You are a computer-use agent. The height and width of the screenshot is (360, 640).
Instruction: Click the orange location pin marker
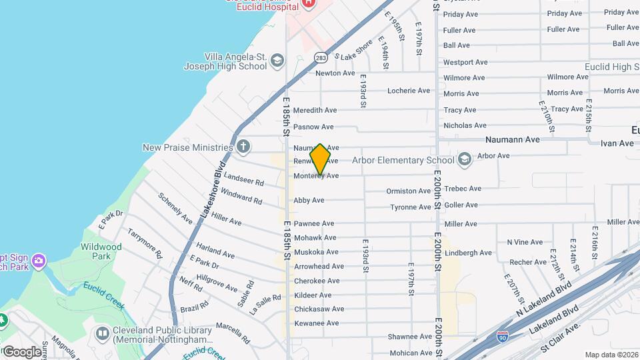coord(321,159)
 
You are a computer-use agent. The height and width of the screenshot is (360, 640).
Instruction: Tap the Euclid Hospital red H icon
coord(308,3)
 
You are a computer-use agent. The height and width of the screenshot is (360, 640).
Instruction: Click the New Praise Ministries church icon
coord(244,147)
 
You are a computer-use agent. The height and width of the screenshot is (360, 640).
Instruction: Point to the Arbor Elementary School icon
coord(465,159)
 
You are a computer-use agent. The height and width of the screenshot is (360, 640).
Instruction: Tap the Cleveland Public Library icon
coord(103,332)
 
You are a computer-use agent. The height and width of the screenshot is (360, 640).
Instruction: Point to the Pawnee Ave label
coord(314,223)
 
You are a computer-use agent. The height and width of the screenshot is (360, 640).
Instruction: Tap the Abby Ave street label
coord(309,200)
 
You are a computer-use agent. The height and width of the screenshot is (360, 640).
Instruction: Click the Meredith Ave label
coord(315,110)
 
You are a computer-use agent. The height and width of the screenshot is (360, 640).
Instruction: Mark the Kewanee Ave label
coord(317,323)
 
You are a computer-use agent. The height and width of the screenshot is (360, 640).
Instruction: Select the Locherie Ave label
coord(409,91)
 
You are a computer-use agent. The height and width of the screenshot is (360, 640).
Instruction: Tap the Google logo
coord(21,351)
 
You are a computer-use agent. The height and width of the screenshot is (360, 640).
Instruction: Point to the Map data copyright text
coord(611,355)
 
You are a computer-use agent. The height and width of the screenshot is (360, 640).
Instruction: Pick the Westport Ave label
coord(465,62)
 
